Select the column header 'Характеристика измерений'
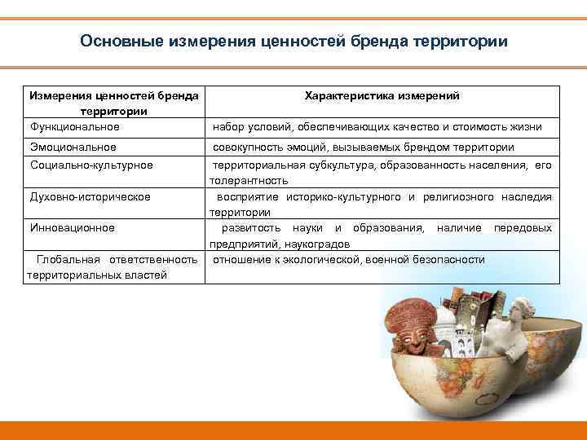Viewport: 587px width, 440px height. point(382,96)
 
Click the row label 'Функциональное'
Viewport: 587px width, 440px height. point(74,126)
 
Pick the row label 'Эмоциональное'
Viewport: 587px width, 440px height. point(73,147)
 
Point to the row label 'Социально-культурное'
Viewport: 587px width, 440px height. point(90,165)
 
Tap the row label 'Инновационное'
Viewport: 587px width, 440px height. point(72,228)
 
